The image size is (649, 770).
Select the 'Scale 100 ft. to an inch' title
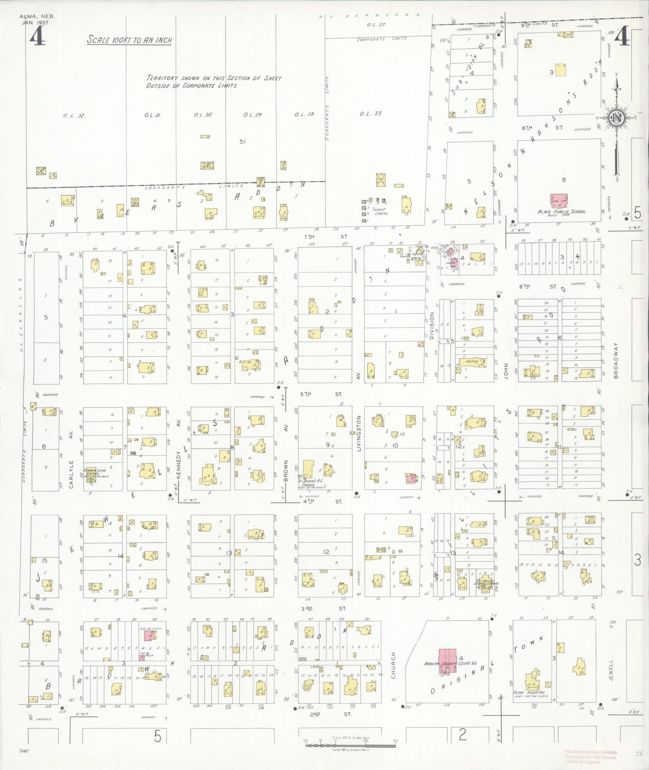coord(130,40)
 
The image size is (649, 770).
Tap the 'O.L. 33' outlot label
coord(370,114)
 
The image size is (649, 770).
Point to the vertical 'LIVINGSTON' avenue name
coord(358,432)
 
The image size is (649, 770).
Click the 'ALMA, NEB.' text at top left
coord(37,17)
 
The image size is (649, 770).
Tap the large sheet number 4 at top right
coord(623,36)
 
